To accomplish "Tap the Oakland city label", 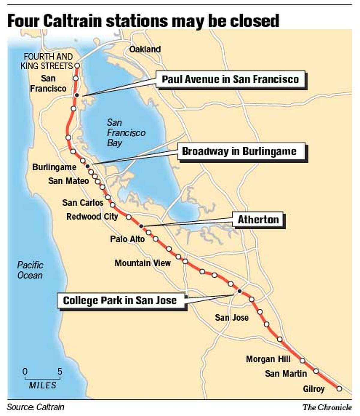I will [145, 49].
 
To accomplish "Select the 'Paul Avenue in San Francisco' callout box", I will [230, 79].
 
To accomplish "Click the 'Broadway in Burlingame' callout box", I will [239, 151].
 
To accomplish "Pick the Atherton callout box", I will [258, 220].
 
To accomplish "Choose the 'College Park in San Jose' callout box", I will [120, 300].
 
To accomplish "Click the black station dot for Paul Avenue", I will [76, 95].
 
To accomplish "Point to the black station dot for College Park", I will [239, 291].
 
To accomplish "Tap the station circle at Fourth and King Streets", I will [77, 65].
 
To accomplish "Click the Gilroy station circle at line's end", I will [339, 388].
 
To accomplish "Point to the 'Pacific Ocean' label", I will [30, 270].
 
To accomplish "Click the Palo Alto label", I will [127, 239].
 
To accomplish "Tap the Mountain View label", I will [142, 263].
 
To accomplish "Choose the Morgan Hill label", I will [268, 359].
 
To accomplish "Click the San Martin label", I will [286, 373].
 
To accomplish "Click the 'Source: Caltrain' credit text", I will [35, 407].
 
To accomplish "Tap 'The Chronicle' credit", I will [327, 407].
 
